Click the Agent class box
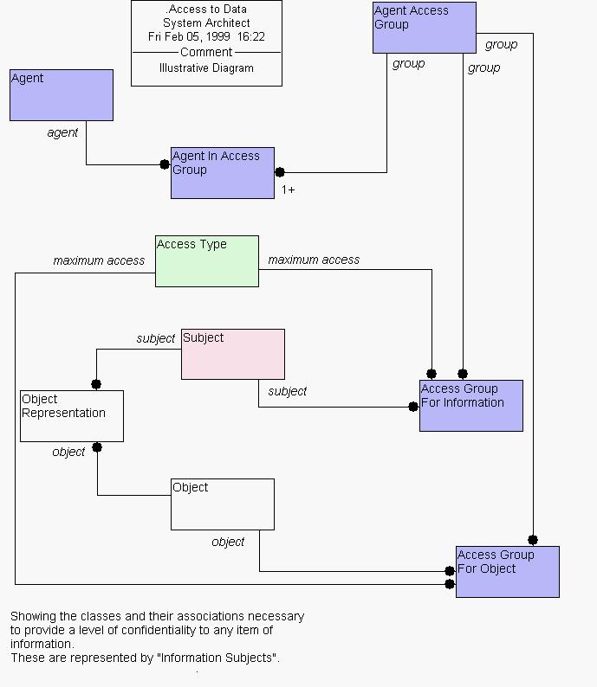[x=62, y=95]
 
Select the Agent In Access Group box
[x=223, y=173]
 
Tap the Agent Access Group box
[x=425, y=28]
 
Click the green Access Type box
[x=207, y=261]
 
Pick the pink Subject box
[x=233, y=354]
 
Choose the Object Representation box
[x=72, y=416]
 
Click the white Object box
[x=223, y=504]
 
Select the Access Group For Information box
[x=471, y=406]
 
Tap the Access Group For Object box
[x=508, y=572]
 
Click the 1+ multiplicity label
[x=288, y=189]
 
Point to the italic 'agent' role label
[x=62, y=132]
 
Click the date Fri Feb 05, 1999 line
[x=206, y=36]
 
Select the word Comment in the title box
[x=206, y=52]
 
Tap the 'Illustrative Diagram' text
[x=206, y=67]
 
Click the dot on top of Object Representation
[x=96, y=384]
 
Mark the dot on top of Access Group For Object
[x=533, y=540]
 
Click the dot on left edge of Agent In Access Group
[x=165, y=164]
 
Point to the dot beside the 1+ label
[x=280, y=172]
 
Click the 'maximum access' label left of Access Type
[x=99, y=260]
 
